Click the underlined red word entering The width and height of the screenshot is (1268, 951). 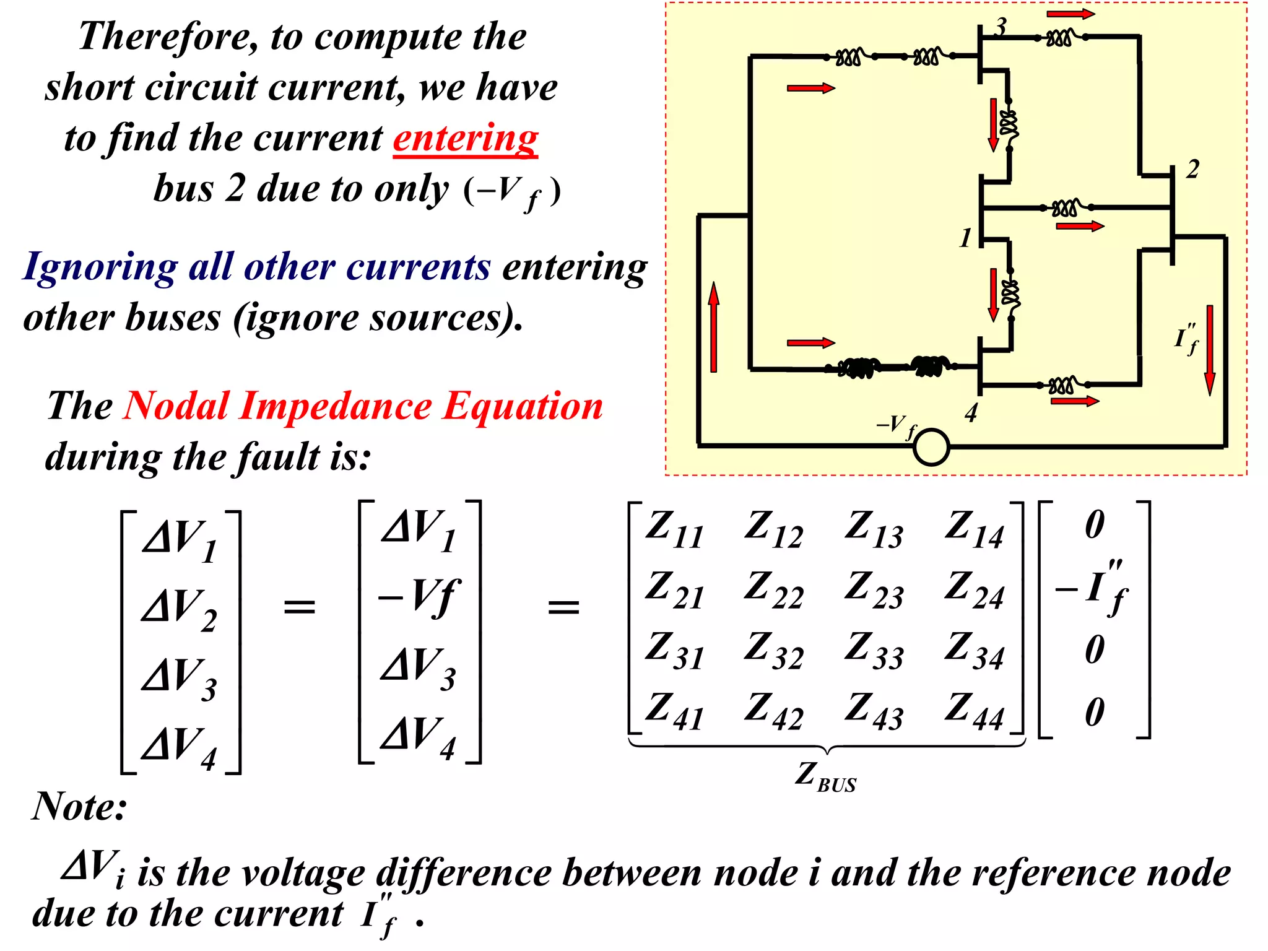(x=465, y=139)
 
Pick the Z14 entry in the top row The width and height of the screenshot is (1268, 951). (x=973, y=529)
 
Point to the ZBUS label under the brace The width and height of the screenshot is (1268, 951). (x=825, y=776)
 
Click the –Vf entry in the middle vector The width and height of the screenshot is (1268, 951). (x=419, y=597)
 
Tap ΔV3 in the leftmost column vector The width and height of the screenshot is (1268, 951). (x=178, y=679)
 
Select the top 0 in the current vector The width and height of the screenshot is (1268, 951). (x=1094, y=525)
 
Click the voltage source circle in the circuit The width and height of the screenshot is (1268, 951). (x=931, y=446)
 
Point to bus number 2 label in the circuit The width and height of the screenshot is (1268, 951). (x=1192, y=170)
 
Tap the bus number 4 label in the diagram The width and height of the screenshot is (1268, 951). (x=971, y=413)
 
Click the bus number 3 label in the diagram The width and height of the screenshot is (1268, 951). (x=1001, y=27)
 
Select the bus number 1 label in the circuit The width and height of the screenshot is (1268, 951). (x=965, y=238)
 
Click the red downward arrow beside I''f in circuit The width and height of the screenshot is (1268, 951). (x=1209, y=350)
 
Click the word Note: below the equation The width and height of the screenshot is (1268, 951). (x=79, y=807)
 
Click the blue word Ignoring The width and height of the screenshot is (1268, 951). (x=100, y=267)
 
